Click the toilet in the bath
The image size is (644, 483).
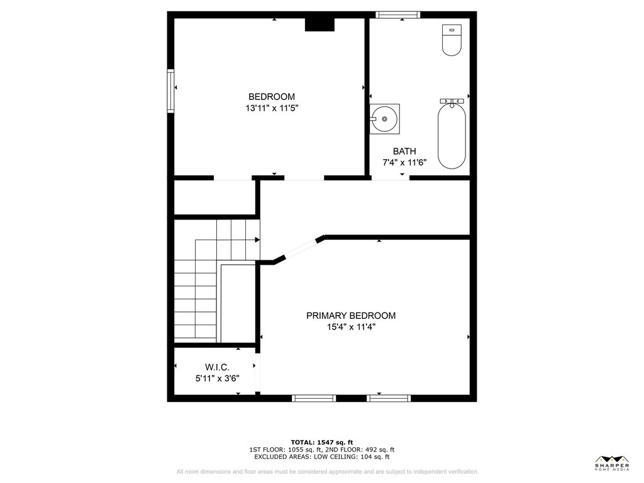[452, 40]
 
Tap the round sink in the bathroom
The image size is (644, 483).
[384, 119]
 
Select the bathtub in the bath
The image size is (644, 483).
[452, 136]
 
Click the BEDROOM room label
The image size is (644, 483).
[272, 96]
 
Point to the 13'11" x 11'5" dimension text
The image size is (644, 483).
[272, 108]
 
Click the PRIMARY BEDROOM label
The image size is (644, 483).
[351, 316]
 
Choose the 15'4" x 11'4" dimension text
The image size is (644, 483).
[351, 327]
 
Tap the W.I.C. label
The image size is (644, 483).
[217, 367]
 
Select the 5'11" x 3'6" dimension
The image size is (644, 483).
[217, 378]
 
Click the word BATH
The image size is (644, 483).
[404, 151]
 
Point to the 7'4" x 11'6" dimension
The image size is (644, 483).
[404, 163]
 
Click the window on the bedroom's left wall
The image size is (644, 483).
[170, 91]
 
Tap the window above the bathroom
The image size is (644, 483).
[397, 15]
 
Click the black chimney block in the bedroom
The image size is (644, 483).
[319, 25]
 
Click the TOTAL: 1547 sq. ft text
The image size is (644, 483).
[321, 442]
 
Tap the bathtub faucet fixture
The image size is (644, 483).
[452, 101]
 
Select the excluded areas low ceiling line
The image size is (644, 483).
[321, 457]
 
